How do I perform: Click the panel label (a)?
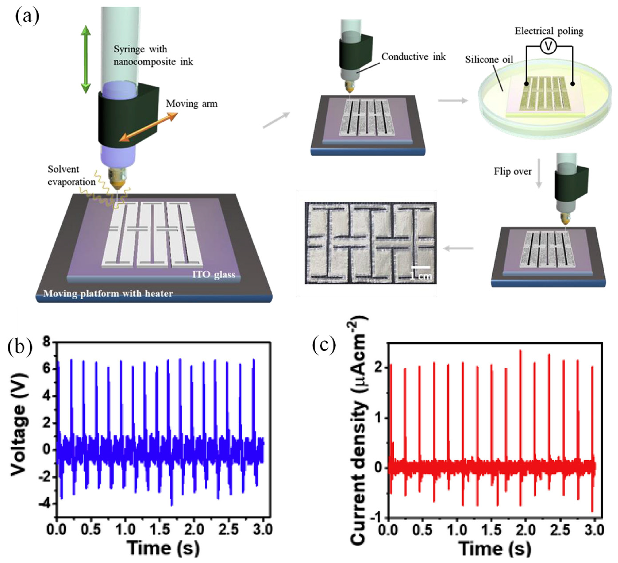27,17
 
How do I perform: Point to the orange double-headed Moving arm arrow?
148,127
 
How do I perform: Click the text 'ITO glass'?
213,274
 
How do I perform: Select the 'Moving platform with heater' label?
108,294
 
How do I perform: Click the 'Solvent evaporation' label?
71,175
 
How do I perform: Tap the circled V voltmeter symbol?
549,46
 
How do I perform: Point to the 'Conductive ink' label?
413,56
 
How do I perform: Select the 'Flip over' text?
513,171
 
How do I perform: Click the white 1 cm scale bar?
420,268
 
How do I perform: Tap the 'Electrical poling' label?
549,31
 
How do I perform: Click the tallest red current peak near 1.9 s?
520,351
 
